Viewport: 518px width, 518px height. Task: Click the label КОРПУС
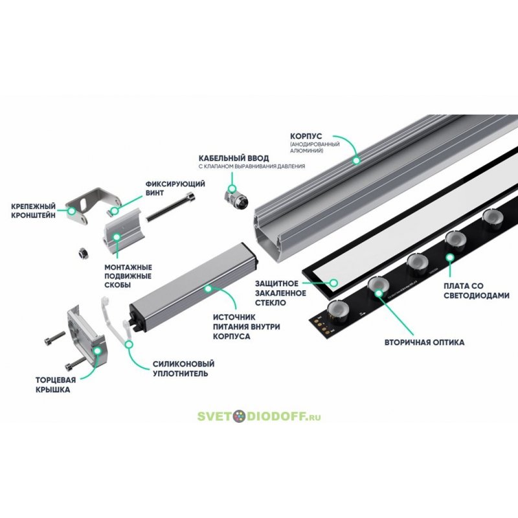[x=306, y=136]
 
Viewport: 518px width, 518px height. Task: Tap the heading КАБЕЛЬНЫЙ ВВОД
[x=234, y=158]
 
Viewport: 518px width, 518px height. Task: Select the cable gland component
[x=236, y=198]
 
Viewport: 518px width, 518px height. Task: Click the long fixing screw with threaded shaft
[x=171, y=207]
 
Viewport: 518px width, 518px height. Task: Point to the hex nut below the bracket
[x=83, y=253]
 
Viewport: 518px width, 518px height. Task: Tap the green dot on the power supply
[x=208, y=289]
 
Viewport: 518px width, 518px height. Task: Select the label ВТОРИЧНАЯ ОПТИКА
[x=424, y=343]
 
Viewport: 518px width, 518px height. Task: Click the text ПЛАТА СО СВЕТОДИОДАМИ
[x=476, y=291]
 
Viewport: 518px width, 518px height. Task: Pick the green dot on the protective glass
[x=333, y=283]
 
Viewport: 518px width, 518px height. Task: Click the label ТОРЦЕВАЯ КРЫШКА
[x=56, y=385]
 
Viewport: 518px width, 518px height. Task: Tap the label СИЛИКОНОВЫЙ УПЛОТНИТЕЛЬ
[x=183, y=368]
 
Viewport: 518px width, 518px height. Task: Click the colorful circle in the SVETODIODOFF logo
[x=239, y=416]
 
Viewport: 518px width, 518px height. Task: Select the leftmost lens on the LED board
[x=338, y=311]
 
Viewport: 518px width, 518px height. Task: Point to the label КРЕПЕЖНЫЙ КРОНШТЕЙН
[x=33, y=211]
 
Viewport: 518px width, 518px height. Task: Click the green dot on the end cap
[x=97, y=351]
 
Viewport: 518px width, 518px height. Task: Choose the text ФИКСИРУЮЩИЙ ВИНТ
[x=175, y=188]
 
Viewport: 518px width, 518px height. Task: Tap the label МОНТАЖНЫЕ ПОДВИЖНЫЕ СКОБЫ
[x=128, y=276]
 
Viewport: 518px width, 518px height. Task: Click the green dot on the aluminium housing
[x=356, y=161]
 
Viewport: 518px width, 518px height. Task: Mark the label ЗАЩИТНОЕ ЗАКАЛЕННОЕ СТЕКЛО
[x=280, y=293]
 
